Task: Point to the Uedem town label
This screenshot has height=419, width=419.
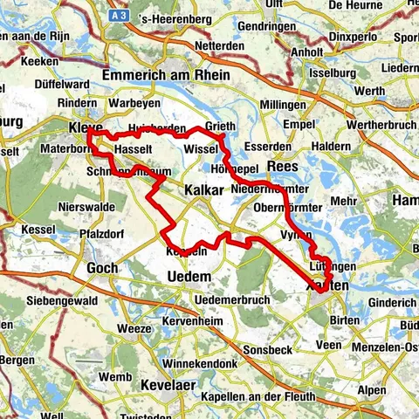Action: point(188,276)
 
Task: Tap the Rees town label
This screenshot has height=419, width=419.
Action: point(284,166)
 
